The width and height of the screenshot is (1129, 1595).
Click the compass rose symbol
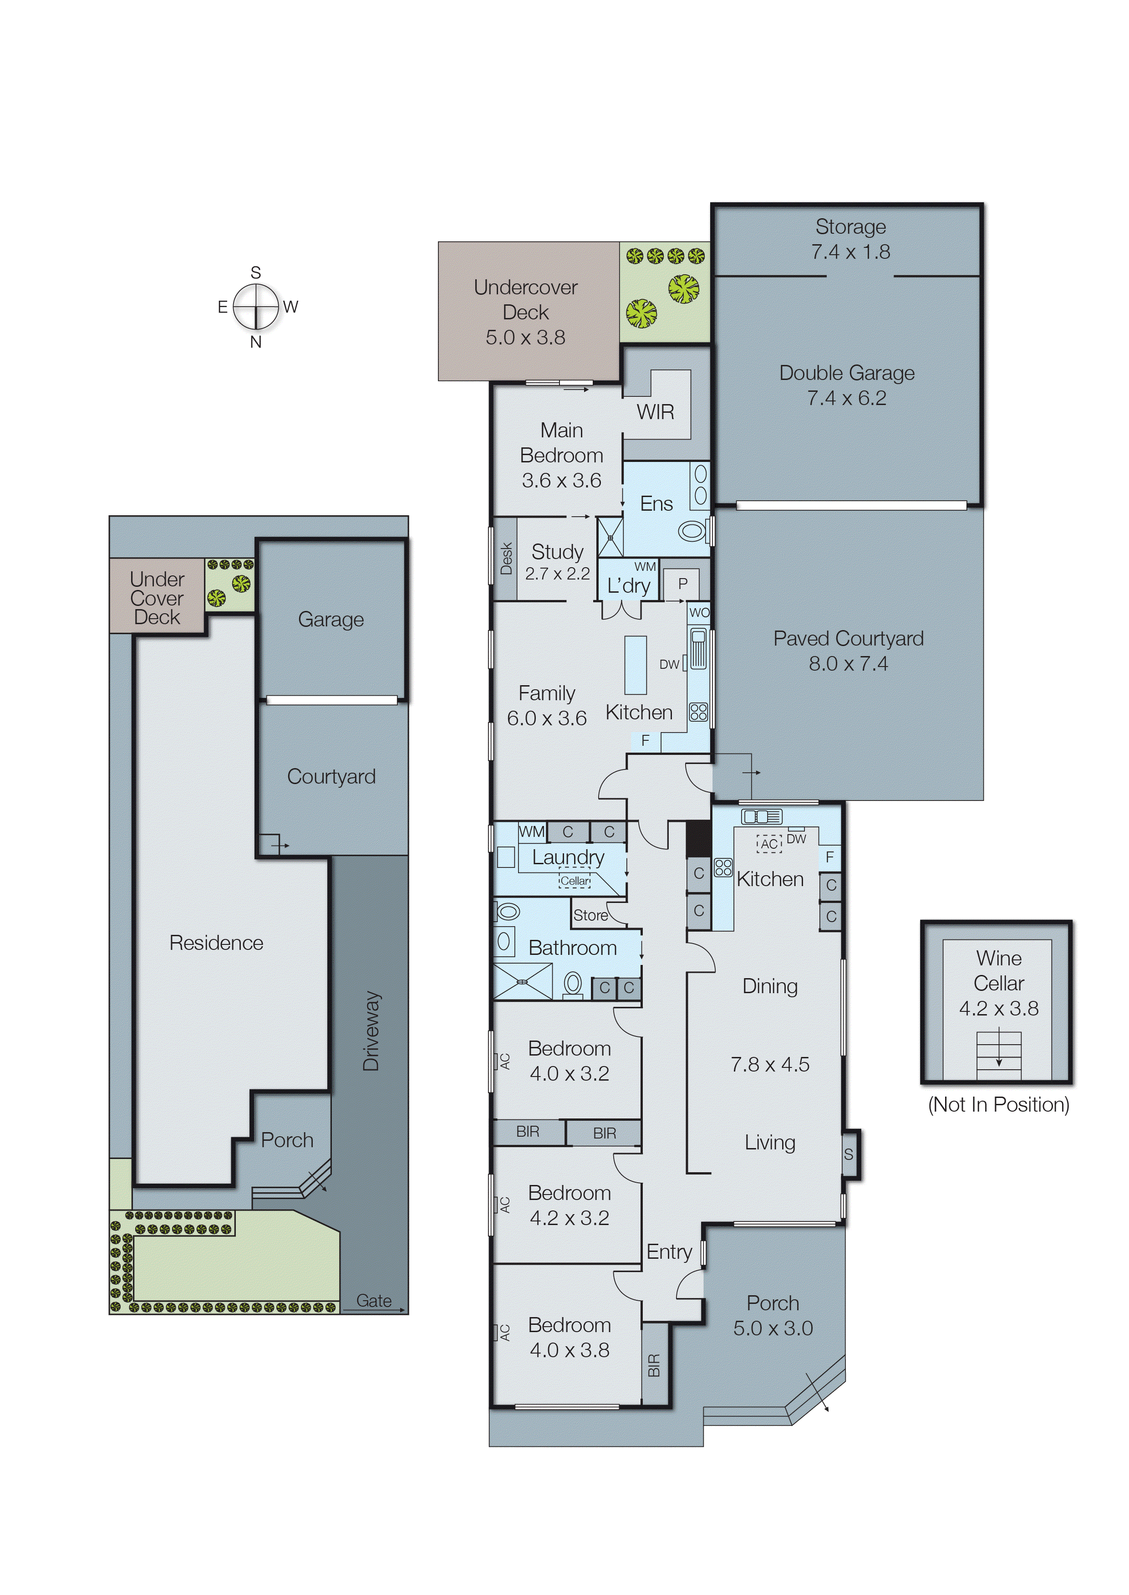[x=256, y=307]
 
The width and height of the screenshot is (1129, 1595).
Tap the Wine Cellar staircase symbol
[x=998, y=1055]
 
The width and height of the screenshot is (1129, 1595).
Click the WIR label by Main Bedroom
[x=655, y=412]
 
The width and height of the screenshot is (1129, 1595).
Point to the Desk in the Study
[x=505, y=559]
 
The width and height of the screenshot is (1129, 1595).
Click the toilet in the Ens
[x=692, y=532]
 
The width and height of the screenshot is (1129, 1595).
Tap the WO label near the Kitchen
[x=699, y=612]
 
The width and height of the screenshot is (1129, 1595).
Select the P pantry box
[x=682, y=584]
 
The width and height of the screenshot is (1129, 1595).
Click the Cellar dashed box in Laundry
[x=575, y=881]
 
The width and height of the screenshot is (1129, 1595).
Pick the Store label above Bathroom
[x=590, y=915]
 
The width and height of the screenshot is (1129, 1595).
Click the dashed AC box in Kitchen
[x=769, y=844]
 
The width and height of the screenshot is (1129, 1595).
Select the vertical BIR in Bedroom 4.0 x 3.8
[x=653, y=1365]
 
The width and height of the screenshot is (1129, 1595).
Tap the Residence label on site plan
[x=216, y=943]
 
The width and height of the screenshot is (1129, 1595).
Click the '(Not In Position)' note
[x=998, y=1105]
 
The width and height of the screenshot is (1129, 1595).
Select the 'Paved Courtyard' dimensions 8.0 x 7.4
[x=848, y=664]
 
